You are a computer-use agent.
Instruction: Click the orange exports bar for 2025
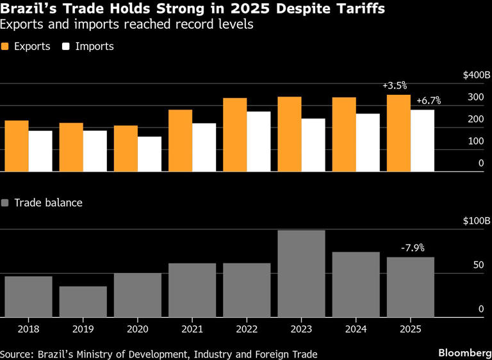point(398,133)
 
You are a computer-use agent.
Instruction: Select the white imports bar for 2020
point(149,154)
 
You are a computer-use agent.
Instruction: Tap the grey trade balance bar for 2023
point(301,274)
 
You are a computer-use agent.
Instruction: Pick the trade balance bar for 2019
point(83,301)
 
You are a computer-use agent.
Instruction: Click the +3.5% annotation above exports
point(395,85)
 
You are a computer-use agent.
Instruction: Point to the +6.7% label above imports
point(428,101)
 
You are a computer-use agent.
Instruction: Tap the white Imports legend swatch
point(66,47)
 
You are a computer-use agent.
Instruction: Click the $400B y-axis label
point(476,76)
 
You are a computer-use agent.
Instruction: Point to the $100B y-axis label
point(476,221)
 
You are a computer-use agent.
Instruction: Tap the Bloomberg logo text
point(461,353)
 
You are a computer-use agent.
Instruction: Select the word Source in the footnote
point(16,354)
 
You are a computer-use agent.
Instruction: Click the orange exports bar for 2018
point(17,146)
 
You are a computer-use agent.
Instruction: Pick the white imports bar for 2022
point(258,142)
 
